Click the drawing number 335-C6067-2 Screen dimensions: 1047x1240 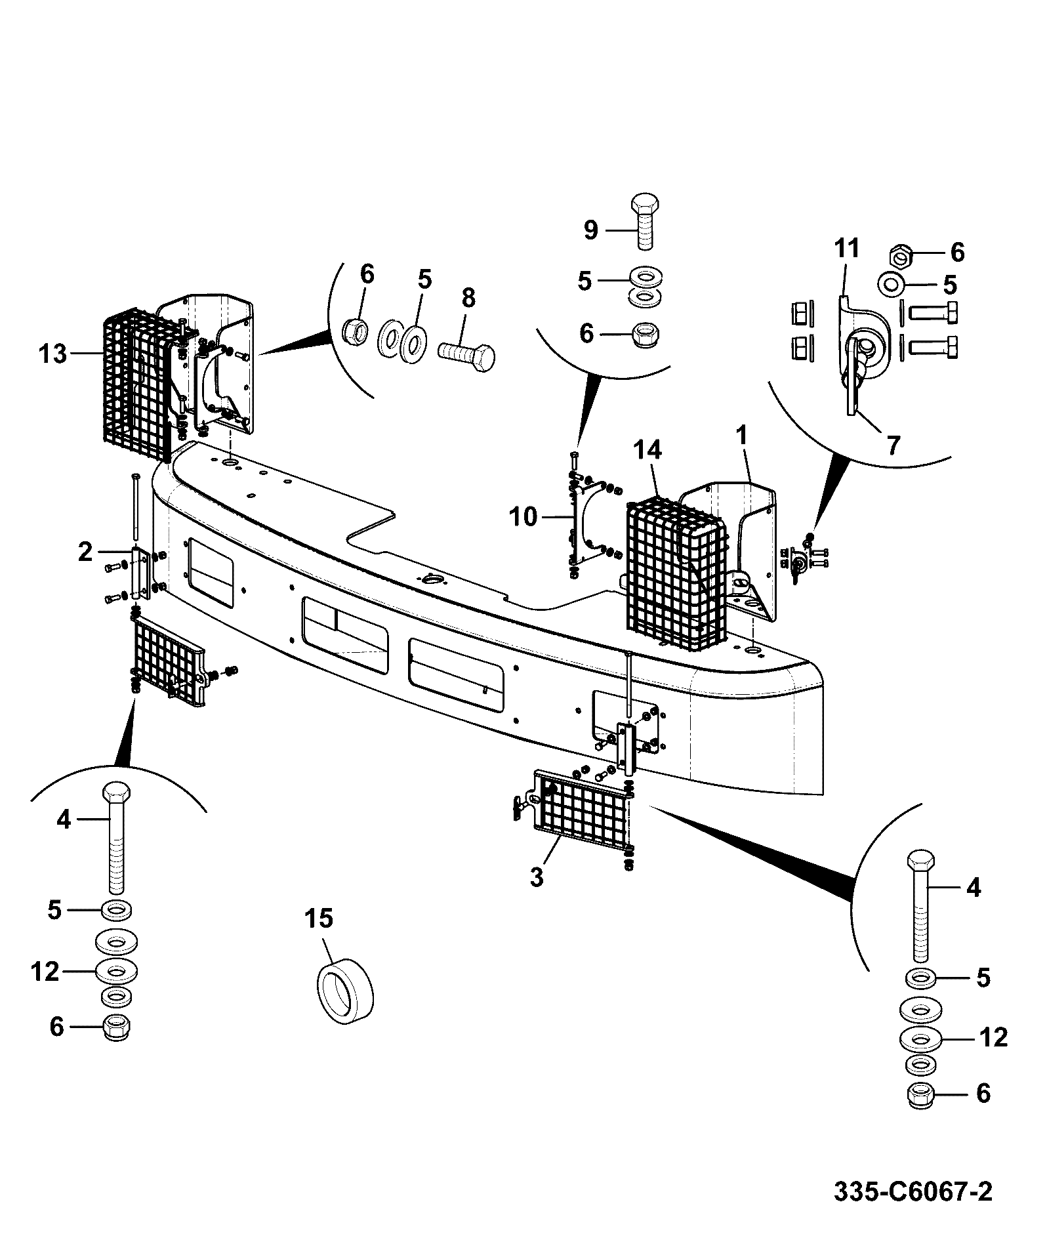(913, 1191)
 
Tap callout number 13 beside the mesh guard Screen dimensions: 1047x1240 (53, 354)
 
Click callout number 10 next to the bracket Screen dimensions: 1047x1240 (523, 518)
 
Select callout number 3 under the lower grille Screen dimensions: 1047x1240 (537, 877)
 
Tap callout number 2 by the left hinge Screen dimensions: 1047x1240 (85, 552)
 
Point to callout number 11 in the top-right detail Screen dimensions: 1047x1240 (847, 249)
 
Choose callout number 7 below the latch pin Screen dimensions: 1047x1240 (893, 445)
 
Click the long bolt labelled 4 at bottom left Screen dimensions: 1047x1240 (115, 837)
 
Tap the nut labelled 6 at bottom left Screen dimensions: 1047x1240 (117, 1027)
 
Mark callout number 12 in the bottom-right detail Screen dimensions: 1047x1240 (993, 1037)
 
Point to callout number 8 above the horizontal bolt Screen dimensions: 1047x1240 (468, 298)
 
